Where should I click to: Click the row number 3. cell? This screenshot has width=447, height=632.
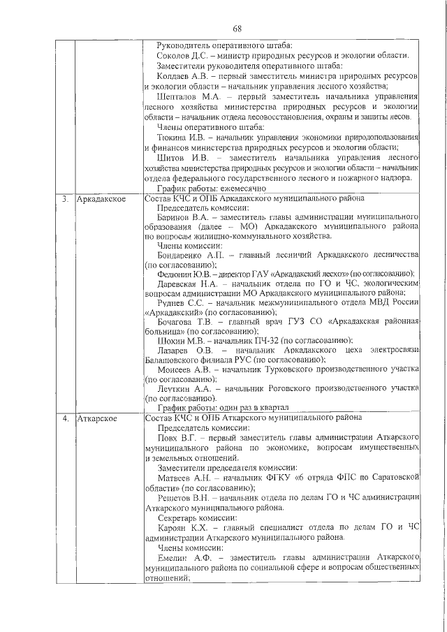tap(64, 199)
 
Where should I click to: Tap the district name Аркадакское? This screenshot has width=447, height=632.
tap(101, 199)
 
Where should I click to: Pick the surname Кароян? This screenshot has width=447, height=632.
tap(175, 528)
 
